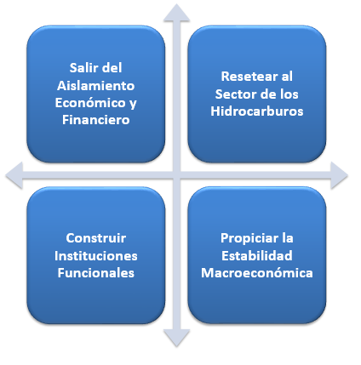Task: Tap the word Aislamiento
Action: [x=96, y=85]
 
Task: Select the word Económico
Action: [x=90, y=102]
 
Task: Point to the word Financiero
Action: [x=96, y=120]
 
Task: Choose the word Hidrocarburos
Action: [x=257, y=111]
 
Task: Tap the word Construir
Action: [x=96, y=237]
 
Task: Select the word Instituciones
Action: [x=96, y=255]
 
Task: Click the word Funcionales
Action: [x=96, y=273]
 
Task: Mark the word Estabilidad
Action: [x=257, y=255]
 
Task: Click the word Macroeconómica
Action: [x=257, y=273]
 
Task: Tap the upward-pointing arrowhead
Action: [x=176, y=14]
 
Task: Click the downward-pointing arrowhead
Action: [x=176, y=338]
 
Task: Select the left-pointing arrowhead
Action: [x=14, y=175]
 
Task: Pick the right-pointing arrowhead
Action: [x=339, y=175]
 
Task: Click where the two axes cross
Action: [x=176, y=175]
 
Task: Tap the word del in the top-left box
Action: [x=112, y=68]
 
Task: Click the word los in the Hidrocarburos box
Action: [x=289, y=94]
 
